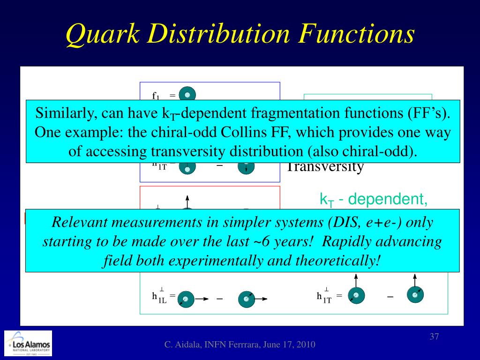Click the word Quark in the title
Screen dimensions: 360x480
coord(101,35)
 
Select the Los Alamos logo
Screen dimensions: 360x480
coord(28,345)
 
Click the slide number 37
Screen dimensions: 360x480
coord(434,337)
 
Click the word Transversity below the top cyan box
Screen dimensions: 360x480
coord(325,167)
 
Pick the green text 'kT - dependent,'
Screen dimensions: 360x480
coord(374,199)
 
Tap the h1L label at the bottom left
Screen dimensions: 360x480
coord(159,297)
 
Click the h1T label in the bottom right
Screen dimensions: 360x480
coord(325,297)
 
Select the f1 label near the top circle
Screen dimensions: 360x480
coord(157,96)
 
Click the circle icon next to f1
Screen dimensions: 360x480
coord(187,95)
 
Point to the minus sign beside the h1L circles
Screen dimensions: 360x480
coord(219,299)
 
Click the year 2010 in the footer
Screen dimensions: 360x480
coord(306,345)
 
